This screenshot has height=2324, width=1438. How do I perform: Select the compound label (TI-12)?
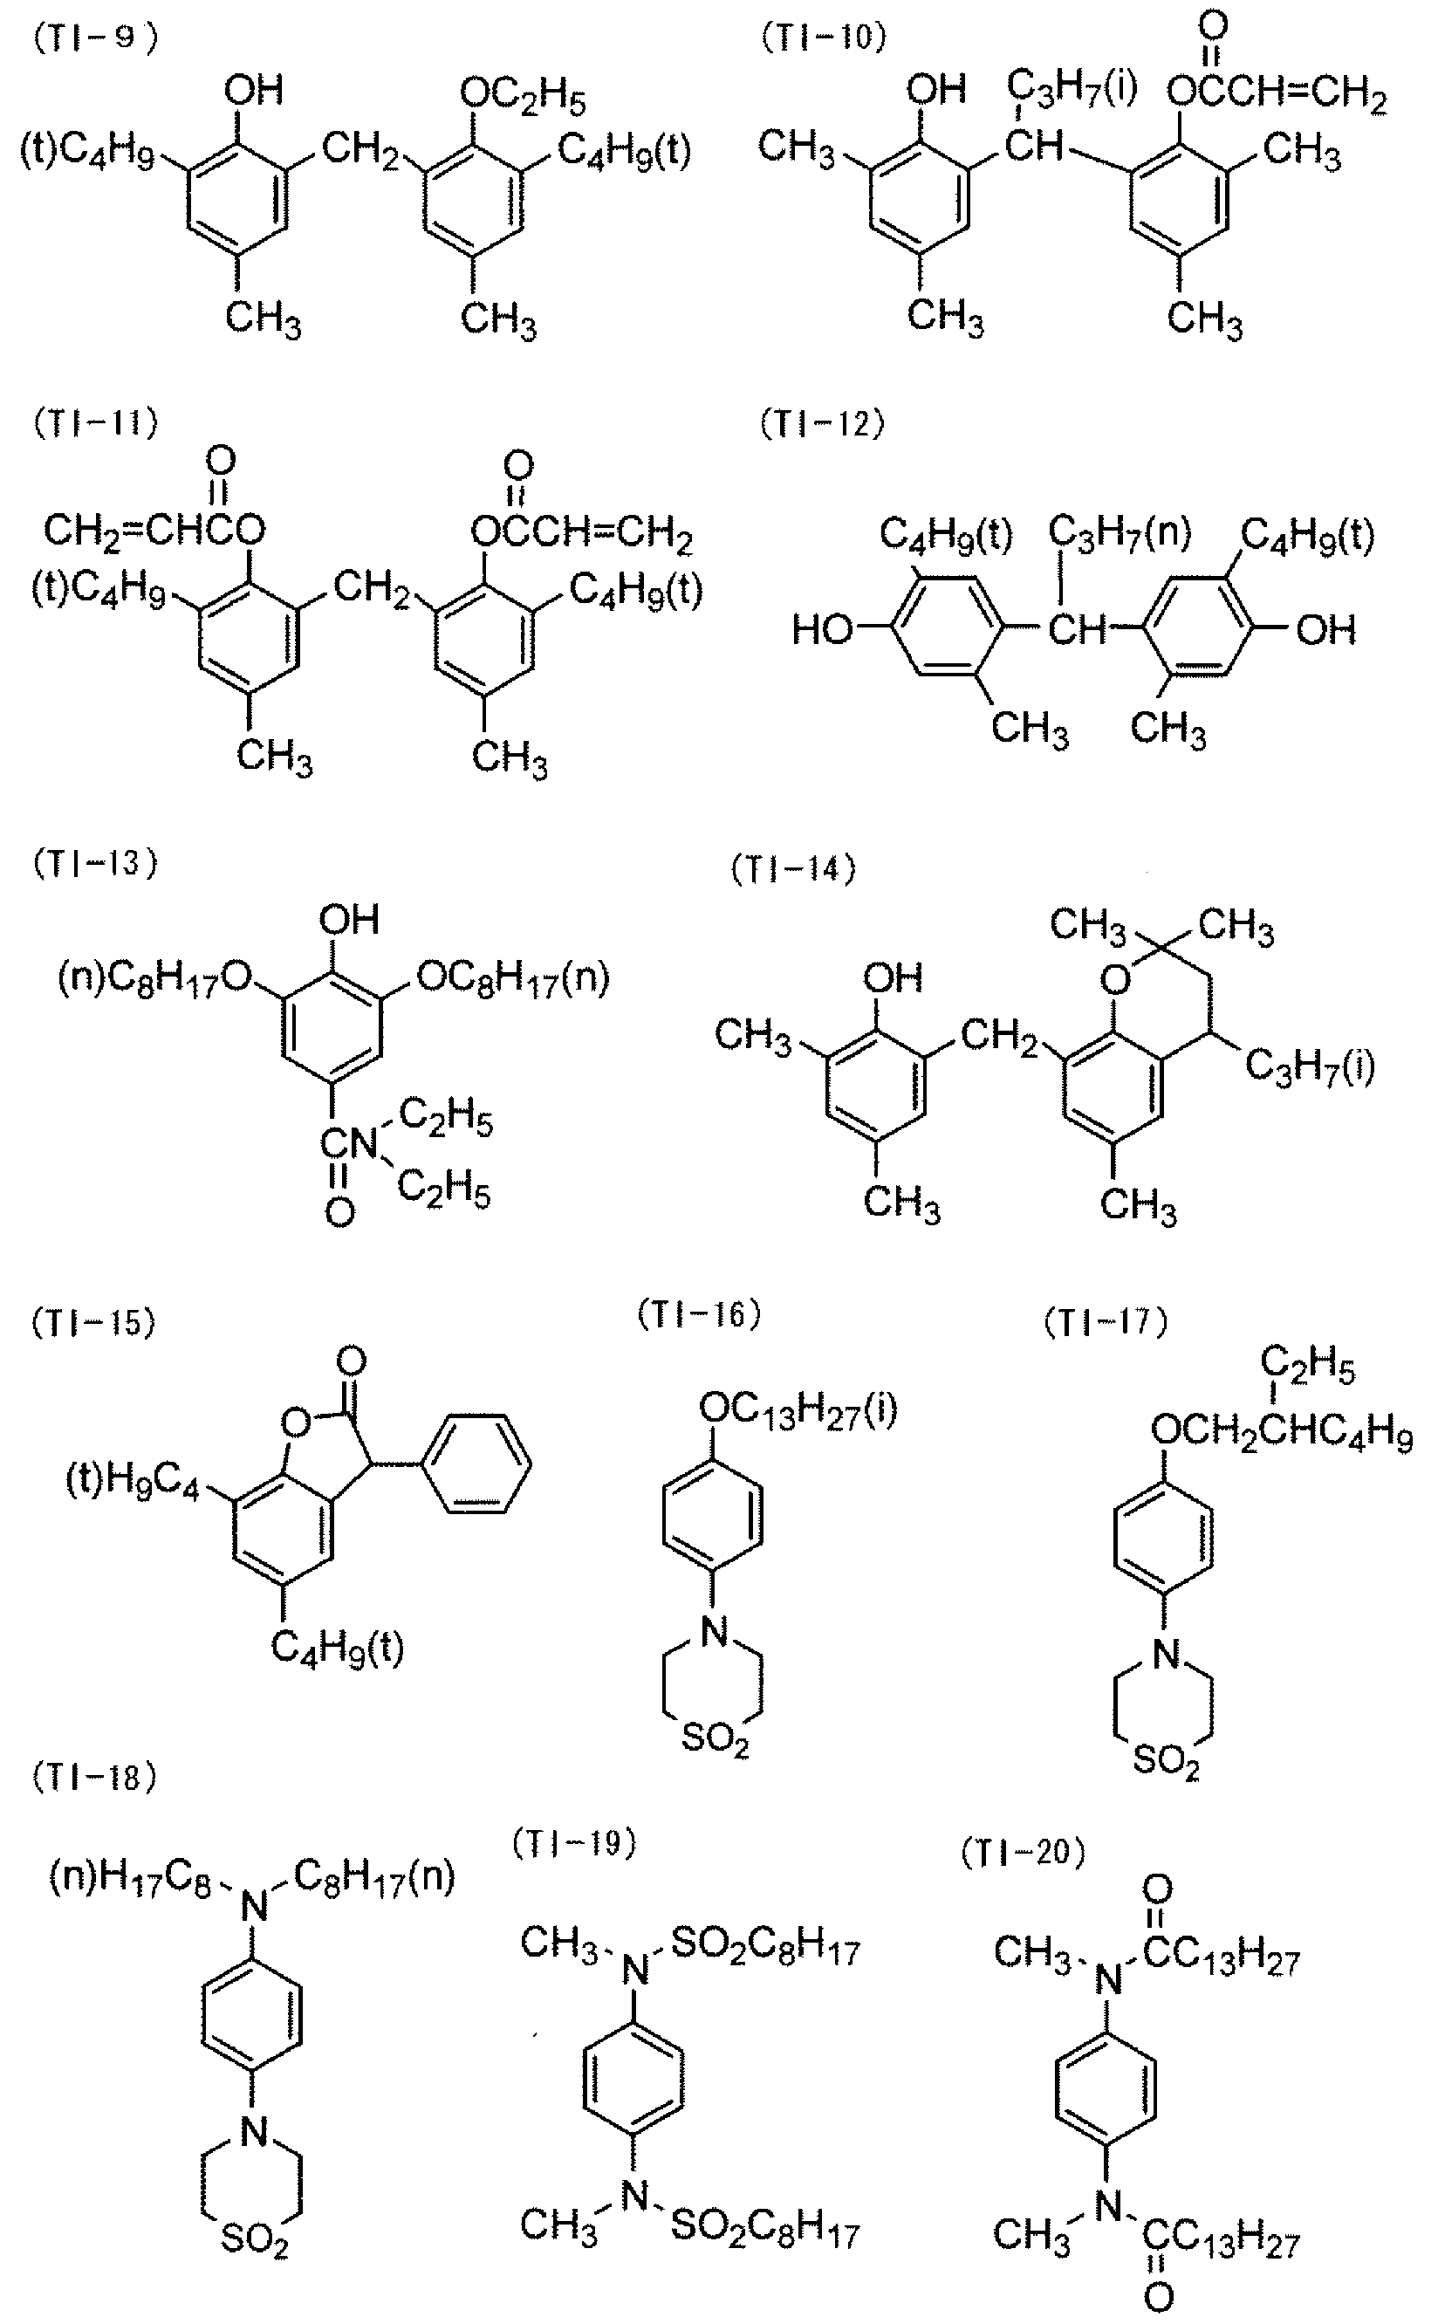tap(822, 423)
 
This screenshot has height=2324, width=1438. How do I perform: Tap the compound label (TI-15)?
tap(93, 1324)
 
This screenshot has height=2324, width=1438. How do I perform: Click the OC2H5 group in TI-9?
tap(522, 97)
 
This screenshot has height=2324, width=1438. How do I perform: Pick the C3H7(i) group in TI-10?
tap(1071, 93)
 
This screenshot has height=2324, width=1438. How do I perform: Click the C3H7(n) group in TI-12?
tap(1120, 534)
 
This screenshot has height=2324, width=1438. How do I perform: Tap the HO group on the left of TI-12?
tap(824, 628)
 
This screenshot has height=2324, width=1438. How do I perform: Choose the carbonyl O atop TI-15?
tap(351, 1361)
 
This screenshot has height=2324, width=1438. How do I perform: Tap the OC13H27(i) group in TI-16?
tap(798, 1412)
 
